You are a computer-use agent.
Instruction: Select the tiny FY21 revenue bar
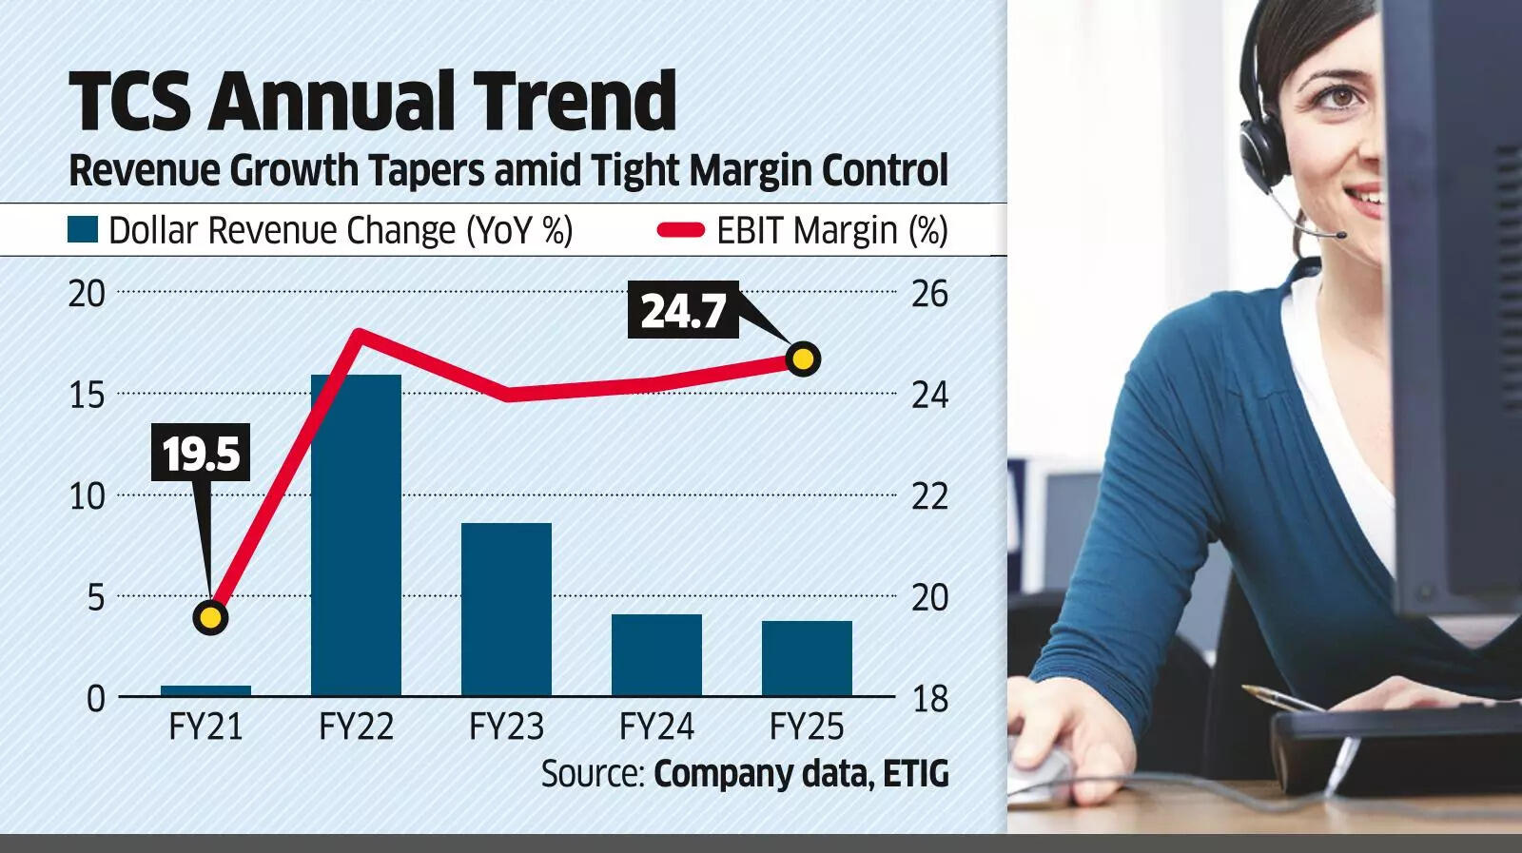[x=206, y=690]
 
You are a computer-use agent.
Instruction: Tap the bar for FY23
[x=506, y=609]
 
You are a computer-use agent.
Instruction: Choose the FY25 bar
[x=807, y=658]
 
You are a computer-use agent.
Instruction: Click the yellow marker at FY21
[x=210, y=618]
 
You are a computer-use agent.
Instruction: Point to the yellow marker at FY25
[x=804, y=359]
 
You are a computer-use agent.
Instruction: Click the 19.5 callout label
[x=201, y=453]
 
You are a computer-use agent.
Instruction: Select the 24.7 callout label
[x=683, y=311]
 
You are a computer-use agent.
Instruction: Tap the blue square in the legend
[x=83, y=230]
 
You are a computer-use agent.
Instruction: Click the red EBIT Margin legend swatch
[x=680, y=230]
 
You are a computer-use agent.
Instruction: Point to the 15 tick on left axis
[x=87, y=394]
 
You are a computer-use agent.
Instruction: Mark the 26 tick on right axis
[x=929, y=293]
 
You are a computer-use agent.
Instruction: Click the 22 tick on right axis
[x=929, y=495]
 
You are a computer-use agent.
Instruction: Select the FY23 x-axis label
[x=506, y=727]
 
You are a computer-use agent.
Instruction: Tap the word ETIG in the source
[x=915, y=773]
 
